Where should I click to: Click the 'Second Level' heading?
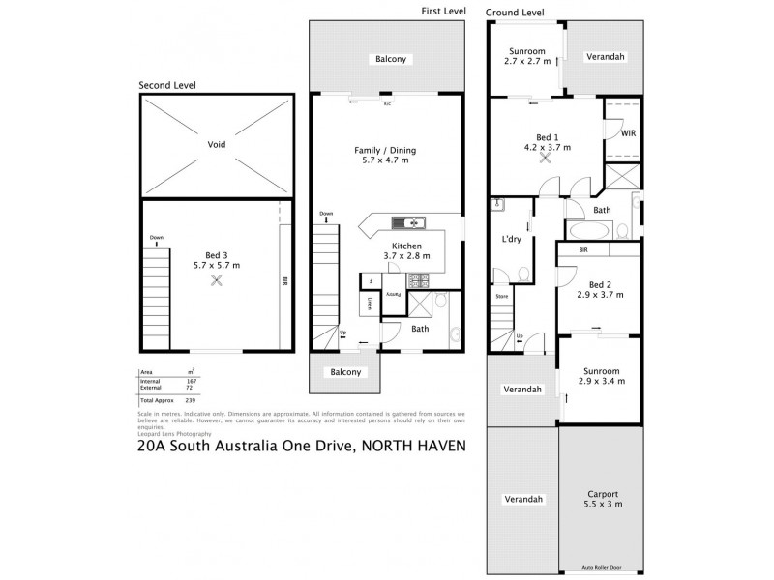[x=167, y=85]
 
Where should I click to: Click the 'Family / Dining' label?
[x=386, y=156]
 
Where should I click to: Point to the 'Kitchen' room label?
[x=404, y=249]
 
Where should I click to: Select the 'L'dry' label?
[x=512, y=239]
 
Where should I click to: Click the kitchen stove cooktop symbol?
[x=420, y=281]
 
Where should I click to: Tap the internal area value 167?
[x=192, y=381]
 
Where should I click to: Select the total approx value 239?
[x=192, y=399]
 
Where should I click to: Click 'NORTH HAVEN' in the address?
[x=409, y=447]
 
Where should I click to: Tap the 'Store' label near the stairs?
[x=502, y=297]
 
